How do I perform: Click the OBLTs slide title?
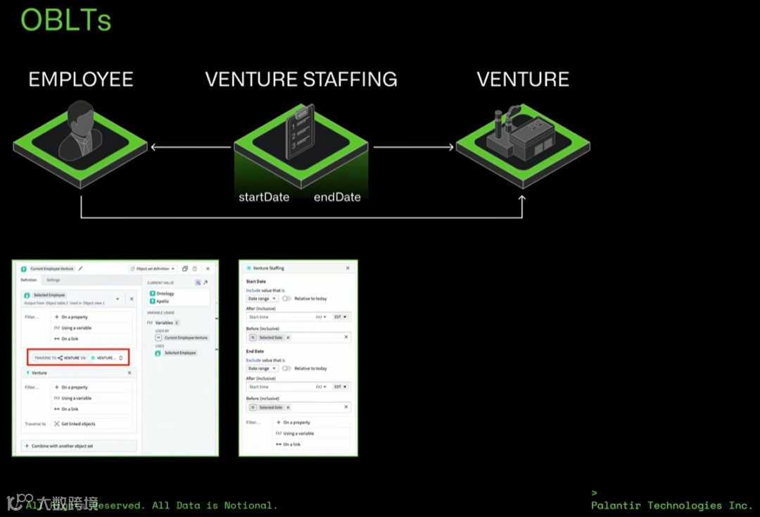coord(65,20)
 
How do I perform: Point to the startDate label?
coord(264,197)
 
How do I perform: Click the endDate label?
coord(337,197)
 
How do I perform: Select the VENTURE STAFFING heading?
coord(301,80)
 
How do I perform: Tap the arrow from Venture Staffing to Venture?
coord(413,147)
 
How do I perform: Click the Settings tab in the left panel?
coord(53,280)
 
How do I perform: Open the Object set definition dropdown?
coord(153,268)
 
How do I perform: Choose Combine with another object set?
coord(62,446)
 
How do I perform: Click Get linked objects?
coord(77,424)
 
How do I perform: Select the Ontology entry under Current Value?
coord(165,293)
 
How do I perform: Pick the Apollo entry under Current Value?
coord(163,301)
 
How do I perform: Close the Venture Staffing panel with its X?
coord(348,268)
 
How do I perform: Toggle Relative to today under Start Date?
coord(286,299)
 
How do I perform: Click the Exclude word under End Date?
coord(253,360)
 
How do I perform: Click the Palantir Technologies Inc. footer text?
coord(671,505)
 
